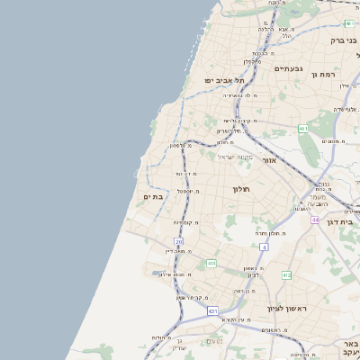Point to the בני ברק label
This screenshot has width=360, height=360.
[344, 40]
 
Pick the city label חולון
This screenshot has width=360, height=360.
[239, 189]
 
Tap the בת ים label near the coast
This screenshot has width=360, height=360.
[152, 196]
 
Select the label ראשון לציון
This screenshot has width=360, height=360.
[287, 309]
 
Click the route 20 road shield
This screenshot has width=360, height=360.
[179, 242]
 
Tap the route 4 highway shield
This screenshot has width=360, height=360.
[264, 246]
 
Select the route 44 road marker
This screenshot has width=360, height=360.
[315, 220]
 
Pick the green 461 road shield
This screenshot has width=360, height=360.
[303, 130]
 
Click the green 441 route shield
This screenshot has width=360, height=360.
[211, 263]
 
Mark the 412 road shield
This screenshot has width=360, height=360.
[286, 274]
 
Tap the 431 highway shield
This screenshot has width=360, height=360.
[213, 310]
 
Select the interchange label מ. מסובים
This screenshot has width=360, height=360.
[335, 141]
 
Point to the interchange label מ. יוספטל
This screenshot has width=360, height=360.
[188, 191]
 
